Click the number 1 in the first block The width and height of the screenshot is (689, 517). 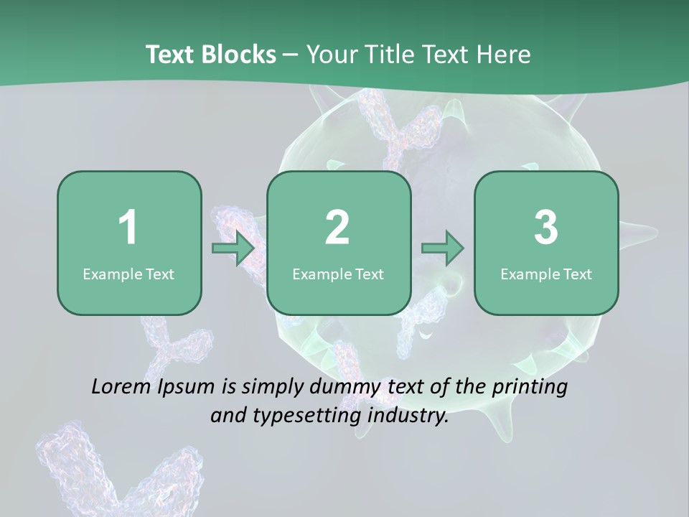click(x=128, y=228)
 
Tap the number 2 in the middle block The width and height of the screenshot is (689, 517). click(x=337, y=228)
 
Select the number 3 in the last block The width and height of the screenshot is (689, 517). click(x=546, y=228)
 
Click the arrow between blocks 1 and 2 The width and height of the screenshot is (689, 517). click(x=234, y=248)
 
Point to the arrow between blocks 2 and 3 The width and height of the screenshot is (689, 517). click(x=443, y=248)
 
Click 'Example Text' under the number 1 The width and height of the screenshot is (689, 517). click(x=128, y=274)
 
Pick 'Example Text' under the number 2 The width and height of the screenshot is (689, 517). click(x=338, y=274)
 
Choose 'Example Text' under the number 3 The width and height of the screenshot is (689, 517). click(x=546, y=274)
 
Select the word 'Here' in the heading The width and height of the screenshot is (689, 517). click(x=505, y=55)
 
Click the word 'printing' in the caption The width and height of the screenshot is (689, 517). click(x=529, y=388)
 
